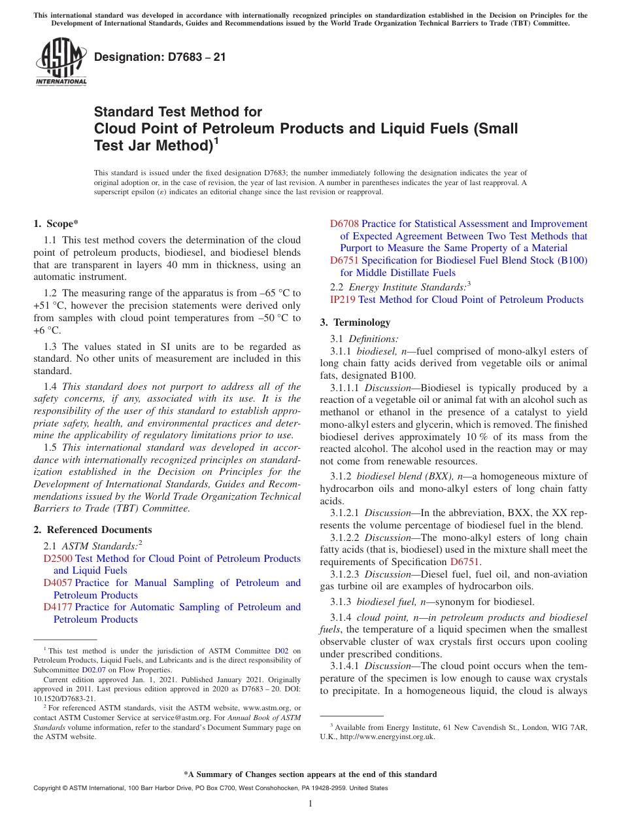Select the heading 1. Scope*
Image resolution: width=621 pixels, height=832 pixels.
point(56,224)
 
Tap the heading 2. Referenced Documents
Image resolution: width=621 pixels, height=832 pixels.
point(93,530)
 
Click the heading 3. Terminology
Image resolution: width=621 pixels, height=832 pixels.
point(355,322)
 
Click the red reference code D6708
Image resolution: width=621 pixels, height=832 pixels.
point(344,224)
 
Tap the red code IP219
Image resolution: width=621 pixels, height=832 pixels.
point(343,300)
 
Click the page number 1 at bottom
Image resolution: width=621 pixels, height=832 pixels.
point(310,804)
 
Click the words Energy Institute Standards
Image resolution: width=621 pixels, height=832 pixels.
point(405,287)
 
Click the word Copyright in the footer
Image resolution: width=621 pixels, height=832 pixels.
point(48,788)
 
